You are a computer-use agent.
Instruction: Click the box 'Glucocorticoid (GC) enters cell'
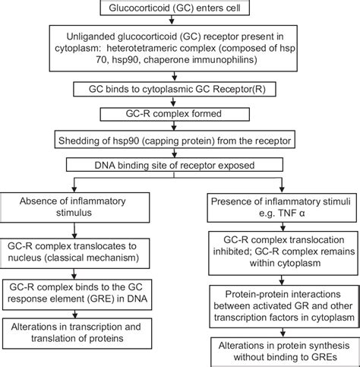[x=180, y=7]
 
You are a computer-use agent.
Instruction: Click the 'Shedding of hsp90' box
[x=180, y=141]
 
